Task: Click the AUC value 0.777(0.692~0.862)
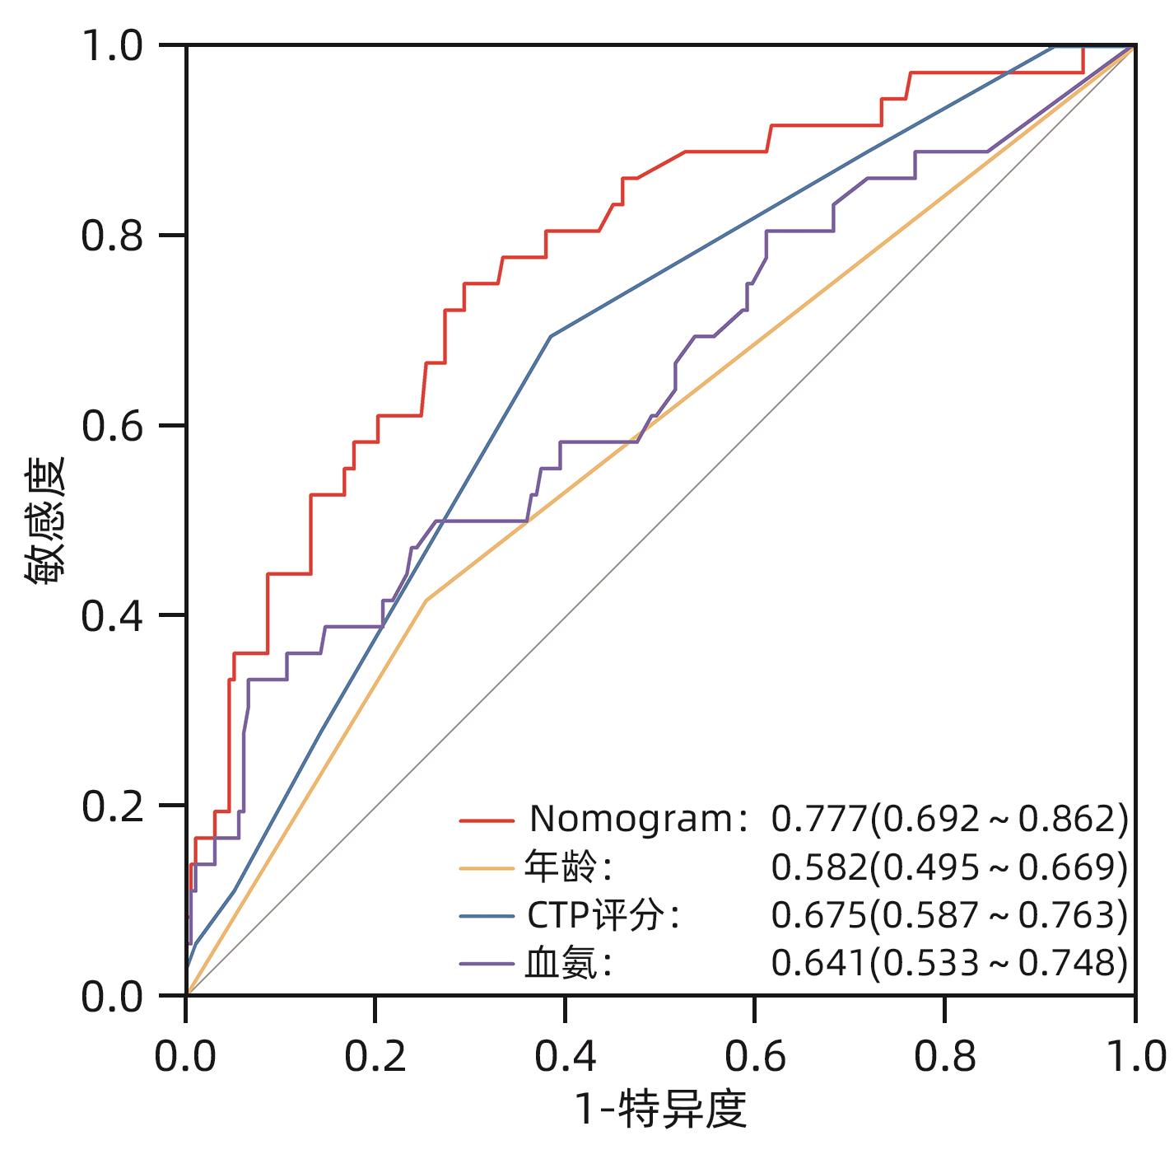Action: point(948,818)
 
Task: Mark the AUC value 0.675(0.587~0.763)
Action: point(948,914)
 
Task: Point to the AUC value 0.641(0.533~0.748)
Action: point(948,962)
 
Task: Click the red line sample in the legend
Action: point(487,820)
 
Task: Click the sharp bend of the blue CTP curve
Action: point(551,336)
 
